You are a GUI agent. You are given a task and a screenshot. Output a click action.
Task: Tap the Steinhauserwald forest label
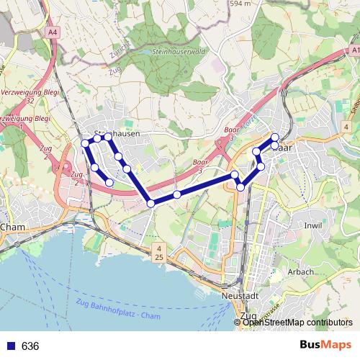click(x=180, y=53)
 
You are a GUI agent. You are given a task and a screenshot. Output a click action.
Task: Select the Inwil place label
click(x=313, y=225)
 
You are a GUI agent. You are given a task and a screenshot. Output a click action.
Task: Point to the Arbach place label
click(x=300, y=272)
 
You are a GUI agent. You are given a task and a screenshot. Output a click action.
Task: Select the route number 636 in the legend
click(x=30, y=346)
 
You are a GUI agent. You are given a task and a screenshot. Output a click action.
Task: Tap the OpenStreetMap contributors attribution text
click(x=297, y=323)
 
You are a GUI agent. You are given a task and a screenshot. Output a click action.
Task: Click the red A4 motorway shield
click(x=53, y=32)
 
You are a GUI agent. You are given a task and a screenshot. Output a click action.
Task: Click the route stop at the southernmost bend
click(x=151, y=204)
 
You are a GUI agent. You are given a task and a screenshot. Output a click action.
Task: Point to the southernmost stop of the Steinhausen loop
click(x=109, y=183)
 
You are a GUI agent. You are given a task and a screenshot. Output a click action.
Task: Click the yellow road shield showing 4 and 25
click(x=158, y=252)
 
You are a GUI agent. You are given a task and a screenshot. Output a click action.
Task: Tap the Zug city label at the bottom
click(x=248, y=316)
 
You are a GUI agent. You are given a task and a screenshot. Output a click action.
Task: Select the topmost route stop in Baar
click(x=274, y=137)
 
